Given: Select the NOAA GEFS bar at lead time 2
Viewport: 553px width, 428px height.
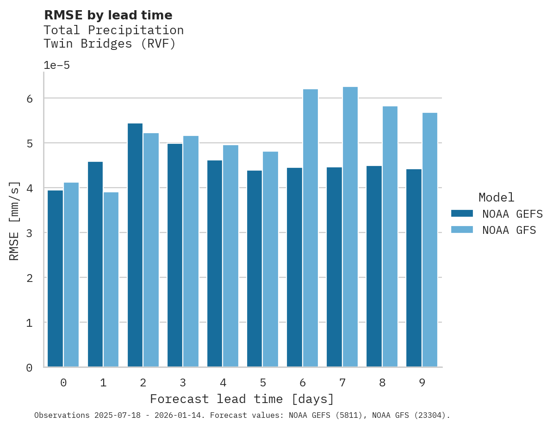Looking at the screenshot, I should tap(135, 245).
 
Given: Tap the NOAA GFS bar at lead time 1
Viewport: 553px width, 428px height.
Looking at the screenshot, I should tap(111, 280).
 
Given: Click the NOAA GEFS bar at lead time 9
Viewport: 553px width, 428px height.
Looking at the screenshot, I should tap(414, 268).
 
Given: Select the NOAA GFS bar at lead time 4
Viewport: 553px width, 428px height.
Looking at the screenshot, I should tap(230, 256).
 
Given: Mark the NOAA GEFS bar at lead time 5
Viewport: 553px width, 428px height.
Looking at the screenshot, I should tap(255, 269).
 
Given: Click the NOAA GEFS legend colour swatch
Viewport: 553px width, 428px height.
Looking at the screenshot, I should tap(462, 213).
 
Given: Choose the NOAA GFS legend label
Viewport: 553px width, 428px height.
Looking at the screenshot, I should tap(509, 230).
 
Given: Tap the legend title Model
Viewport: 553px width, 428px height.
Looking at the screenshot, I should tap(496, 197).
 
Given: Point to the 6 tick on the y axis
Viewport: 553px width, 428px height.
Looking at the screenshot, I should tap(29, 98).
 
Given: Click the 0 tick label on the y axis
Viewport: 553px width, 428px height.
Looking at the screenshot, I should tap(29, 367).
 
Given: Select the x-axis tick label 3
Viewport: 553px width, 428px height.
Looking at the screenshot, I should tap(183, 383).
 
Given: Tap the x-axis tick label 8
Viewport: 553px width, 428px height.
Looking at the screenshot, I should tap(382, 383).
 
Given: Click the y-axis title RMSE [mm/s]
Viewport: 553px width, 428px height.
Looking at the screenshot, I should tap(14, 220).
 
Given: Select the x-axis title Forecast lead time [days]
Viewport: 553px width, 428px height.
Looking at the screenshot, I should tap(242, 399).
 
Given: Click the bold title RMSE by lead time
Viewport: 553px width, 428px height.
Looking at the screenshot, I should tap(108, 15).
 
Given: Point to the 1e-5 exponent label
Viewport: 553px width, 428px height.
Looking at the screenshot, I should tap(56, 65).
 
